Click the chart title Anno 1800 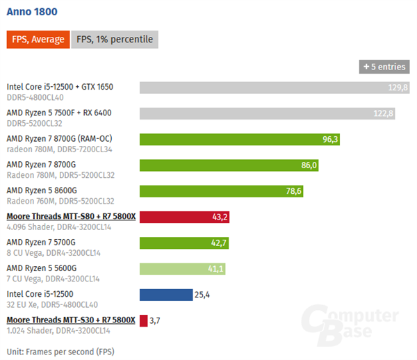[x=31, y=12]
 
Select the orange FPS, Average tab [x=37, y=40]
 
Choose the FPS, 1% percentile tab [x=114, y=40]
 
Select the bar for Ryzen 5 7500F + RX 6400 [x=267, y=113]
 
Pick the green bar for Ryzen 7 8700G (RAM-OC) [x=240, y=139]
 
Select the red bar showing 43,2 [x=184, y=217]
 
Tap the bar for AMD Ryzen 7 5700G [x=183, y=243]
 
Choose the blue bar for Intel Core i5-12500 [x=166, y=295]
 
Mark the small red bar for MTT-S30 [x=143, y=320]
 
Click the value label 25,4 [x=202, y=295]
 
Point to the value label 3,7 [x=155, y=320]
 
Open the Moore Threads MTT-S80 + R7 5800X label [x=71, y=216]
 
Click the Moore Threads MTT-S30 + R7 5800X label [x=71, y=320]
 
